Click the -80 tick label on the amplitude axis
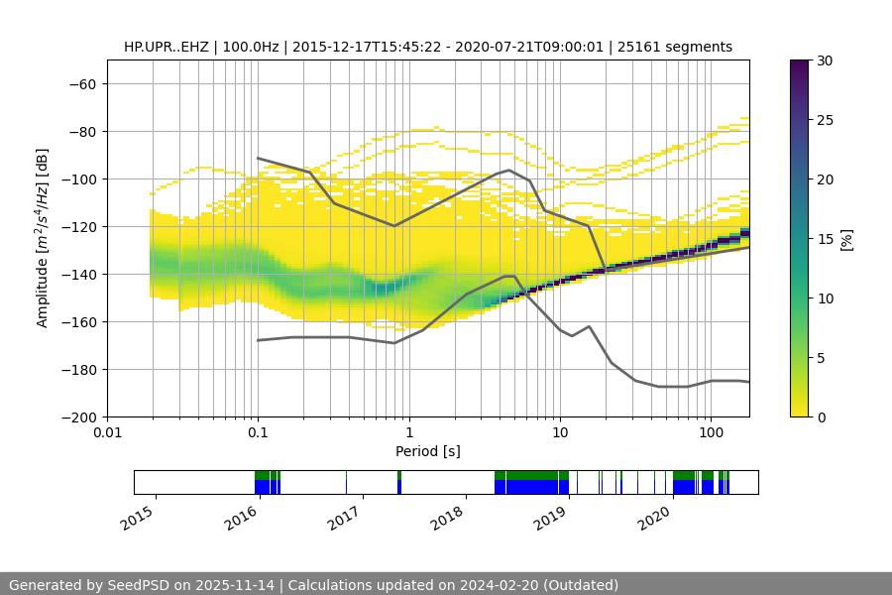click(81, 131)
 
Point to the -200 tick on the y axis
click(77, 416)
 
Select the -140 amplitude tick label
click(77, 274)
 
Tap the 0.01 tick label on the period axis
click(107, 433)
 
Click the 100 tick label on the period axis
click(711, 433)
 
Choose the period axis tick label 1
click(409, 433)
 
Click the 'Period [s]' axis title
click(428, 451)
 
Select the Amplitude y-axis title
click(43, 238)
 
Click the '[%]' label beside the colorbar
click(845, 239)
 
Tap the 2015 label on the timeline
click(138, 516)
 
